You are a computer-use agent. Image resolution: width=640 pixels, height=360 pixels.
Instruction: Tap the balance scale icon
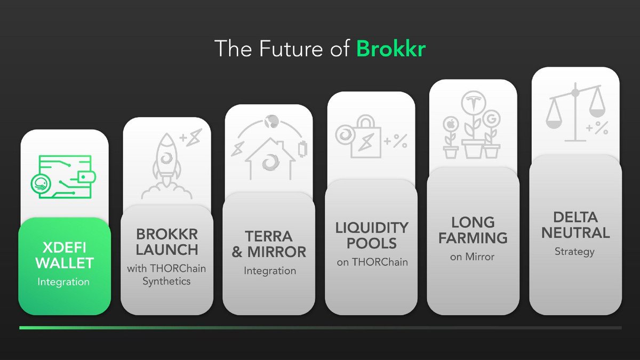coord(575,112)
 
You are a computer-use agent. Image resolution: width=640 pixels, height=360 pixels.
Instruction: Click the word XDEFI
coord(63,247)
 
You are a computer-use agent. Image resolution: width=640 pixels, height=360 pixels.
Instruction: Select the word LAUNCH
coord(167,249)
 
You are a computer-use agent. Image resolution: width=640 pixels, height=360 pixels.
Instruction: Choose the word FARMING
coord(473,237)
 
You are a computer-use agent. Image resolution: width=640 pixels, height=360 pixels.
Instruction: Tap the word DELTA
coord(574,217)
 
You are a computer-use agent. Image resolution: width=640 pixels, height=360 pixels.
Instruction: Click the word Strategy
coord(574,251)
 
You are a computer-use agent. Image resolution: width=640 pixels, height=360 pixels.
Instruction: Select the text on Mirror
coord(472,257)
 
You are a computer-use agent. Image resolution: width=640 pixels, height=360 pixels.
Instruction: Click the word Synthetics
coord(166,281)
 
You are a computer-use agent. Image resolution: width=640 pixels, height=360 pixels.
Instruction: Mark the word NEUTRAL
coord(574,233)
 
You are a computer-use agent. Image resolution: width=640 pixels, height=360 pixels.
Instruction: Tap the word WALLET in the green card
coord(63,263)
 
